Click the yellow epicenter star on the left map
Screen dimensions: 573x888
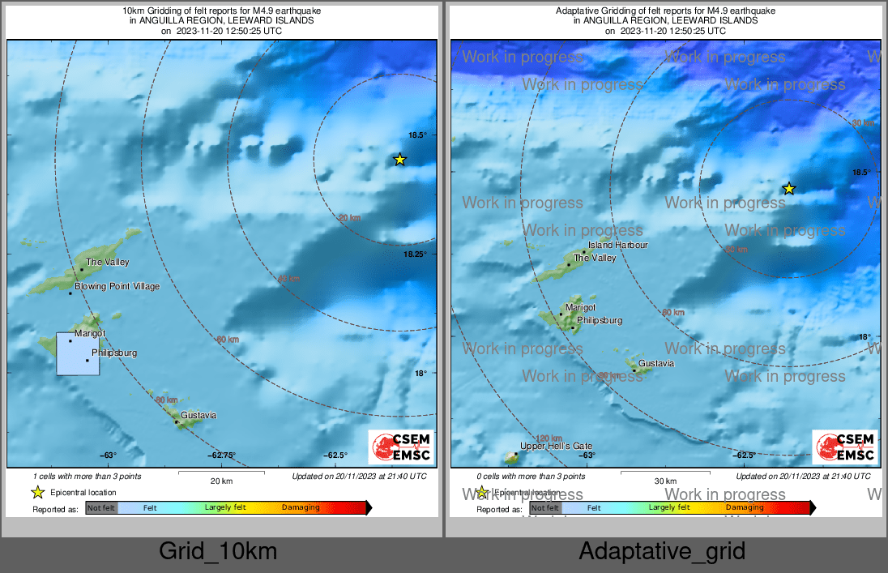(x=399, y=160)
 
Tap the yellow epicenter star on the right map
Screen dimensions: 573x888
(x=789, y=189)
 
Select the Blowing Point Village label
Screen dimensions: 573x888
(x=117, y=287)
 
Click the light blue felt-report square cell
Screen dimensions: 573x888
(x=78, y=353)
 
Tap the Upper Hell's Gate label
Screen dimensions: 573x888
(x=556, y=447)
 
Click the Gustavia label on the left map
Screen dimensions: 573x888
(x=199, y=416)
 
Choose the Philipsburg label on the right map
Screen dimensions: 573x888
(x=600, y=321)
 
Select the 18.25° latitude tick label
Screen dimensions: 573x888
(x=414, y=254)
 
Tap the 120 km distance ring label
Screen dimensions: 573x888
(x=549, y=438)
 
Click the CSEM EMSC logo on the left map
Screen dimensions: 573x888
(x=402, y=447)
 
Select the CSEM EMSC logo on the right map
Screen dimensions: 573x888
(x=846, y=447)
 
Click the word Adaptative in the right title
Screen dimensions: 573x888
(x=578, y=11)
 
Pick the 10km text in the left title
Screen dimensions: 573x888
(x=132, y=11)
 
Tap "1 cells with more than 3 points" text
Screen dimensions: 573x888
(x=88, y=477)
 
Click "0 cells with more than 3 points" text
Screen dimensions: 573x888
(x=532, y=477)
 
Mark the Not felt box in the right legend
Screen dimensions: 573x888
(x=545, y=508)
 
